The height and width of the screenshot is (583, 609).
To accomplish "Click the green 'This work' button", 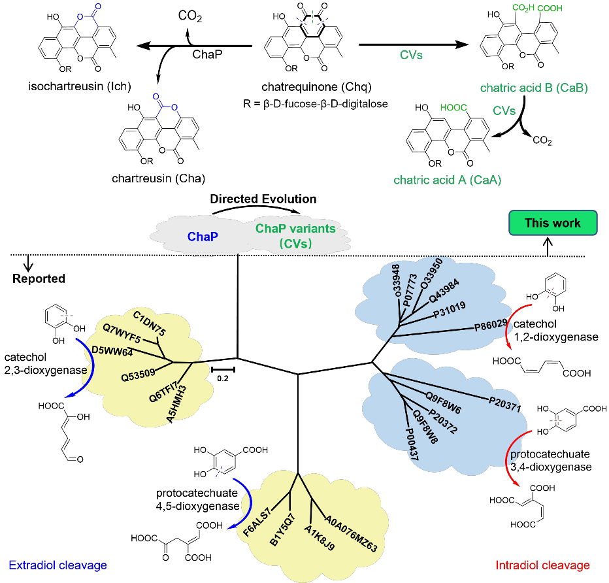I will coord(552,223).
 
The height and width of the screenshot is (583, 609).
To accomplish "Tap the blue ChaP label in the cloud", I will coord(202,237).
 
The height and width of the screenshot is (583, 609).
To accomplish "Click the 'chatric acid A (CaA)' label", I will coord(447,180).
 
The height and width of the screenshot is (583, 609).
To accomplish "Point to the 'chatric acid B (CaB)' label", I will coord(534,88).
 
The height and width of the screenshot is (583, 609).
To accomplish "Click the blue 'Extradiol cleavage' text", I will coord(58,565).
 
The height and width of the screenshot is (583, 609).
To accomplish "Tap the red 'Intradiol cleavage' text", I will coord(542,565).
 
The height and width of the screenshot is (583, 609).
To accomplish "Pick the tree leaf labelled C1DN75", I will coord(149,324).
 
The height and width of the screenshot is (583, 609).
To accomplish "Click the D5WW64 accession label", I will coord(112,352).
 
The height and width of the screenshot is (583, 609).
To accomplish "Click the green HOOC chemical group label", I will coord(453,108).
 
